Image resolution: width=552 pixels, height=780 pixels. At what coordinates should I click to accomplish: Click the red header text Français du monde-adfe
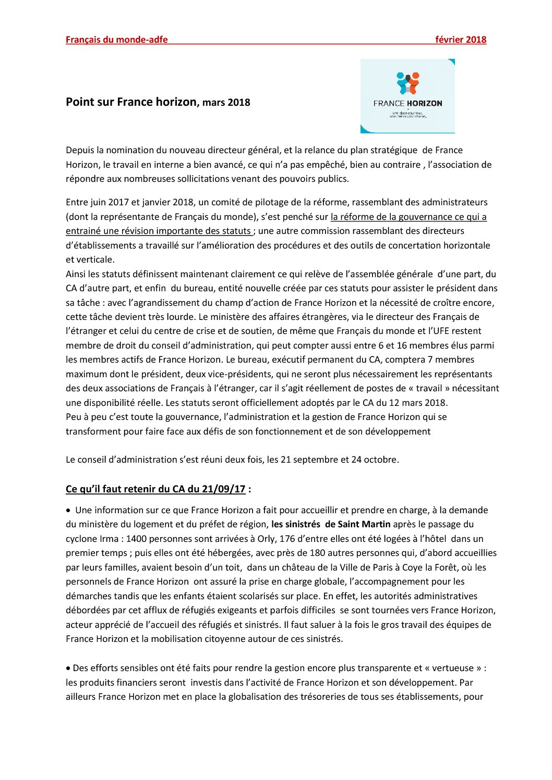116,40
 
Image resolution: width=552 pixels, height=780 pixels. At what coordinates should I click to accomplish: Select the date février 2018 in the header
461,40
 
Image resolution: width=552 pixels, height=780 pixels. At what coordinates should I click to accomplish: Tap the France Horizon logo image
407,96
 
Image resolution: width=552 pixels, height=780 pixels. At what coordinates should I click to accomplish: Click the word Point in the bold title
79,102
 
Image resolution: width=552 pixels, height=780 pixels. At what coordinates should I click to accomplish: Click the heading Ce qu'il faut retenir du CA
155,489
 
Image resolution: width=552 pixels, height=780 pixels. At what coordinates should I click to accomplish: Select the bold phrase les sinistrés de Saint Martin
331,524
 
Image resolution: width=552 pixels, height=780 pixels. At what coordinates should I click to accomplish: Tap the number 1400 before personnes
137,539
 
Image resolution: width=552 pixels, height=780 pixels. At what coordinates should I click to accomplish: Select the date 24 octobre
375,460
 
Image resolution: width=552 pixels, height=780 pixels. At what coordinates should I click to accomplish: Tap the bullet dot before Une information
68,511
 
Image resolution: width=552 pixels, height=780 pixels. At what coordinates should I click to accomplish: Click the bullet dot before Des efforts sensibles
68,668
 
